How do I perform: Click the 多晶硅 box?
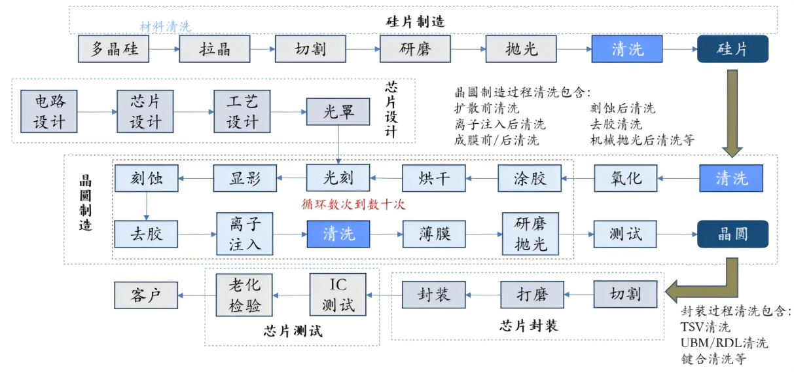click(x=114, y=49)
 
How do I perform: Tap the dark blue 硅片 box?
click(x=732, y=49)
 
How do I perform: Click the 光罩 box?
click(x=338, y=112)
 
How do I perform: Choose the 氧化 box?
click(x=626, y=178)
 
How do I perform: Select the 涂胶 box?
click(x=530, y=178)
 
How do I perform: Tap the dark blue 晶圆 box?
click(x=732, y=234)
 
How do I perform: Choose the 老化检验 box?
click(x=244, y=295)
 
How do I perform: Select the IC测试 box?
click(x=338, y=295)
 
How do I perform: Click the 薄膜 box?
click(x=433, y=234)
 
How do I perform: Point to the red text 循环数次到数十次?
click(x=353, y=204)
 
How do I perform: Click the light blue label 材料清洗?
click(x=165, y=27)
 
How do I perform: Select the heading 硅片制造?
click(x=415, y=21)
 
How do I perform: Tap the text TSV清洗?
click(x=705, y=327)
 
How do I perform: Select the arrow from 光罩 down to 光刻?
click(x=338, y=144)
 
